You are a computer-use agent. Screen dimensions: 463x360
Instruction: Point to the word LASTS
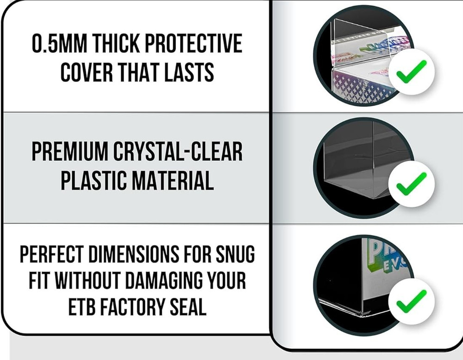coord(189,72)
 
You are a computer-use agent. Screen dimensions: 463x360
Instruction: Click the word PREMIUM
coord(70,152)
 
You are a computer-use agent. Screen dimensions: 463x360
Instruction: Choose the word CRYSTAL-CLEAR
coord(178,152)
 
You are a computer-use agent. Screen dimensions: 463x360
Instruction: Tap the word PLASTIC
coord(94,180)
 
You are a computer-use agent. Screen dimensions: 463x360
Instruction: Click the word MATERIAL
coord(173,180)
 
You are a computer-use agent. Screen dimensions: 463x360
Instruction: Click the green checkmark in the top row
coord(411,71)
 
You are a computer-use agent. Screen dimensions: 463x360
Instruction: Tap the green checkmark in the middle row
coord(411,184)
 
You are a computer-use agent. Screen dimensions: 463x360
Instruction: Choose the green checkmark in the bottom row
coord(411,301)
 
